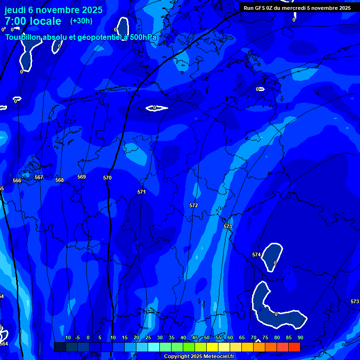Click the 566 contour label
17,180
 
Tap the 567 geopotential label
39,177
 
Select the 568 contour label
60,180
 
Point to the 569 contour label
82,177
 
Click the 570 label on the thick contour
107,178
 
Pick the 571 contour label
142,192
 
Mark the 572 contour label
194,205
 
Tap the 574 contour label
256,255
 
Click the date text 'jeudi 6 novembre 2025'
53,10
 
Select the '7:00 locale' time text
33,21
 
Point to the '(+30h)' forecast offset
81,21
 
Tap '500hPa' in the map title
143,37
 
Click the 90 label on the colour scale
300,337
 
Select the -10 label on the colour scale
67,337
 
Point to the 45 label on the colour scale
195,337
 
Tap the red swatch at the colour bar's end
294,347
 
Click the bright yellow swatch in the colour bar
212,347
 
